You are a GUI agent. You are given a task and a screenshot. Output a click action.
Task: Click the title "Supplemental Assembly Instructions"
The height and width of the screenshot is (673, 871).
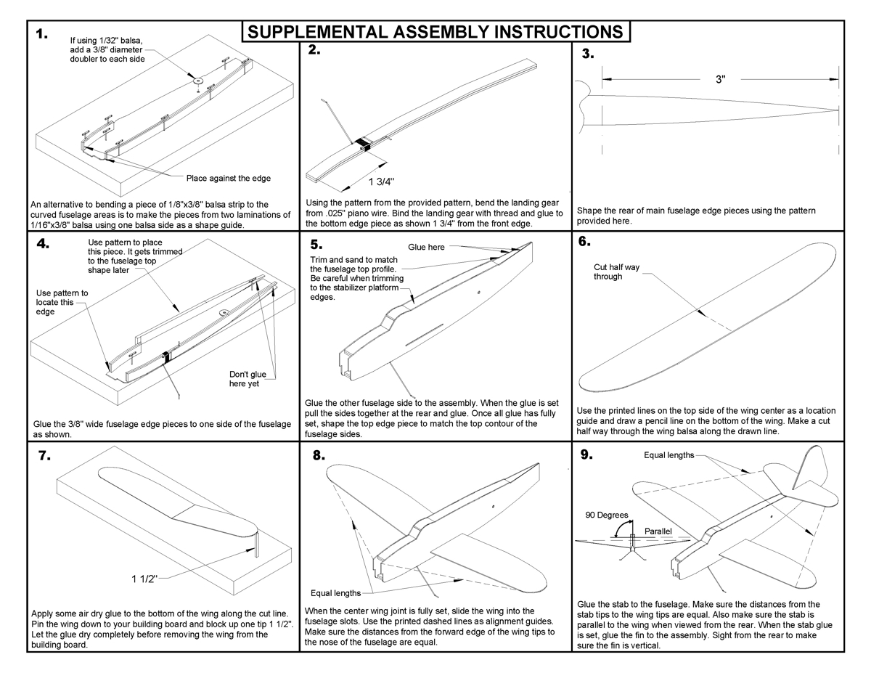tap(435, 33)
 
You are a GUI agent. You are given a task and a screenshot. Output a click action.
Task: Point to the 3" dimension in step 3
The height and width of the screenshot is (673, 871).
tap(720, 79)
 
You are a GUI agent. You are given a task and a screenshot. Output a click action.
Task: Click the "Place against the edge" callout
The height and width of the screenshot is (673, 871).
tap(229, 178)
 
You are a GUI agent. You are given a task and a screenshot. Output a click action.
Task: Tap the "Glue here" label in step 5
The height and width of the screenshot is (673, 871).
tap(426, 247)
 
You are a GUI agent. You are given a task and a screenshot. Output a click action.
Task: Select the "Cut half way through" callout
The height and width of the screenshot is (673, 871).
tap(616, 272)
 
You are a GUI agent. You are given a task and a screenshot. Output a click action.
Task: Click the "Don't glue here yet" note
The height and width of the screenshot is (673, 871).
tap(248, 379)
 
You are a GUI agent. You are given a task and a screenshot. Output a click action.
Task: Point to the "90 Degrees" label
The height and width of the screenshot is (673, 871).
tap(607, 515)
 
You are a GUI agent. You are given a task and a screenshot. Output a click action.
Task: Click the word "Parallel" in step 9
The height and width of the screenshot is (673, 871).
tap(658, 531)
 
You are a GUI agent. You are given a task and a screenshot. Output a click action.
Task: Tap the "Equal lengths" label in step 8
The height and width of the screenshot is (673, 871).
tap(335, 593)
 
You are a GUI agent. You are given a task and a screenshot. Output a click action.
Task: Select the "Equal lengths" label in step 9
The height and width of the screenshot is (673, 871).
tap(668, 455)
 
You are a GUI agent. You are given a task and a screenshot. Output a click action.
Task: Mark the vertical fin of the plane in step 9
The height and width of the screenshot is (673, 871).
tap(811, 465)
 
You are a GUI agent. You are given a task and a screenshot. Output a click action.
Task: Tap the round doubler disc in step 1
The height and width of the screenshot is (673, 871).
tap(197, 79)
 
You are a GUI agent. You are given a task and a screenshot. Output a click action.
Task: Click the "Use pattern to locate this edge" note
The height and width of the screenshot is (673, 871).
tap(62, 302)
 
